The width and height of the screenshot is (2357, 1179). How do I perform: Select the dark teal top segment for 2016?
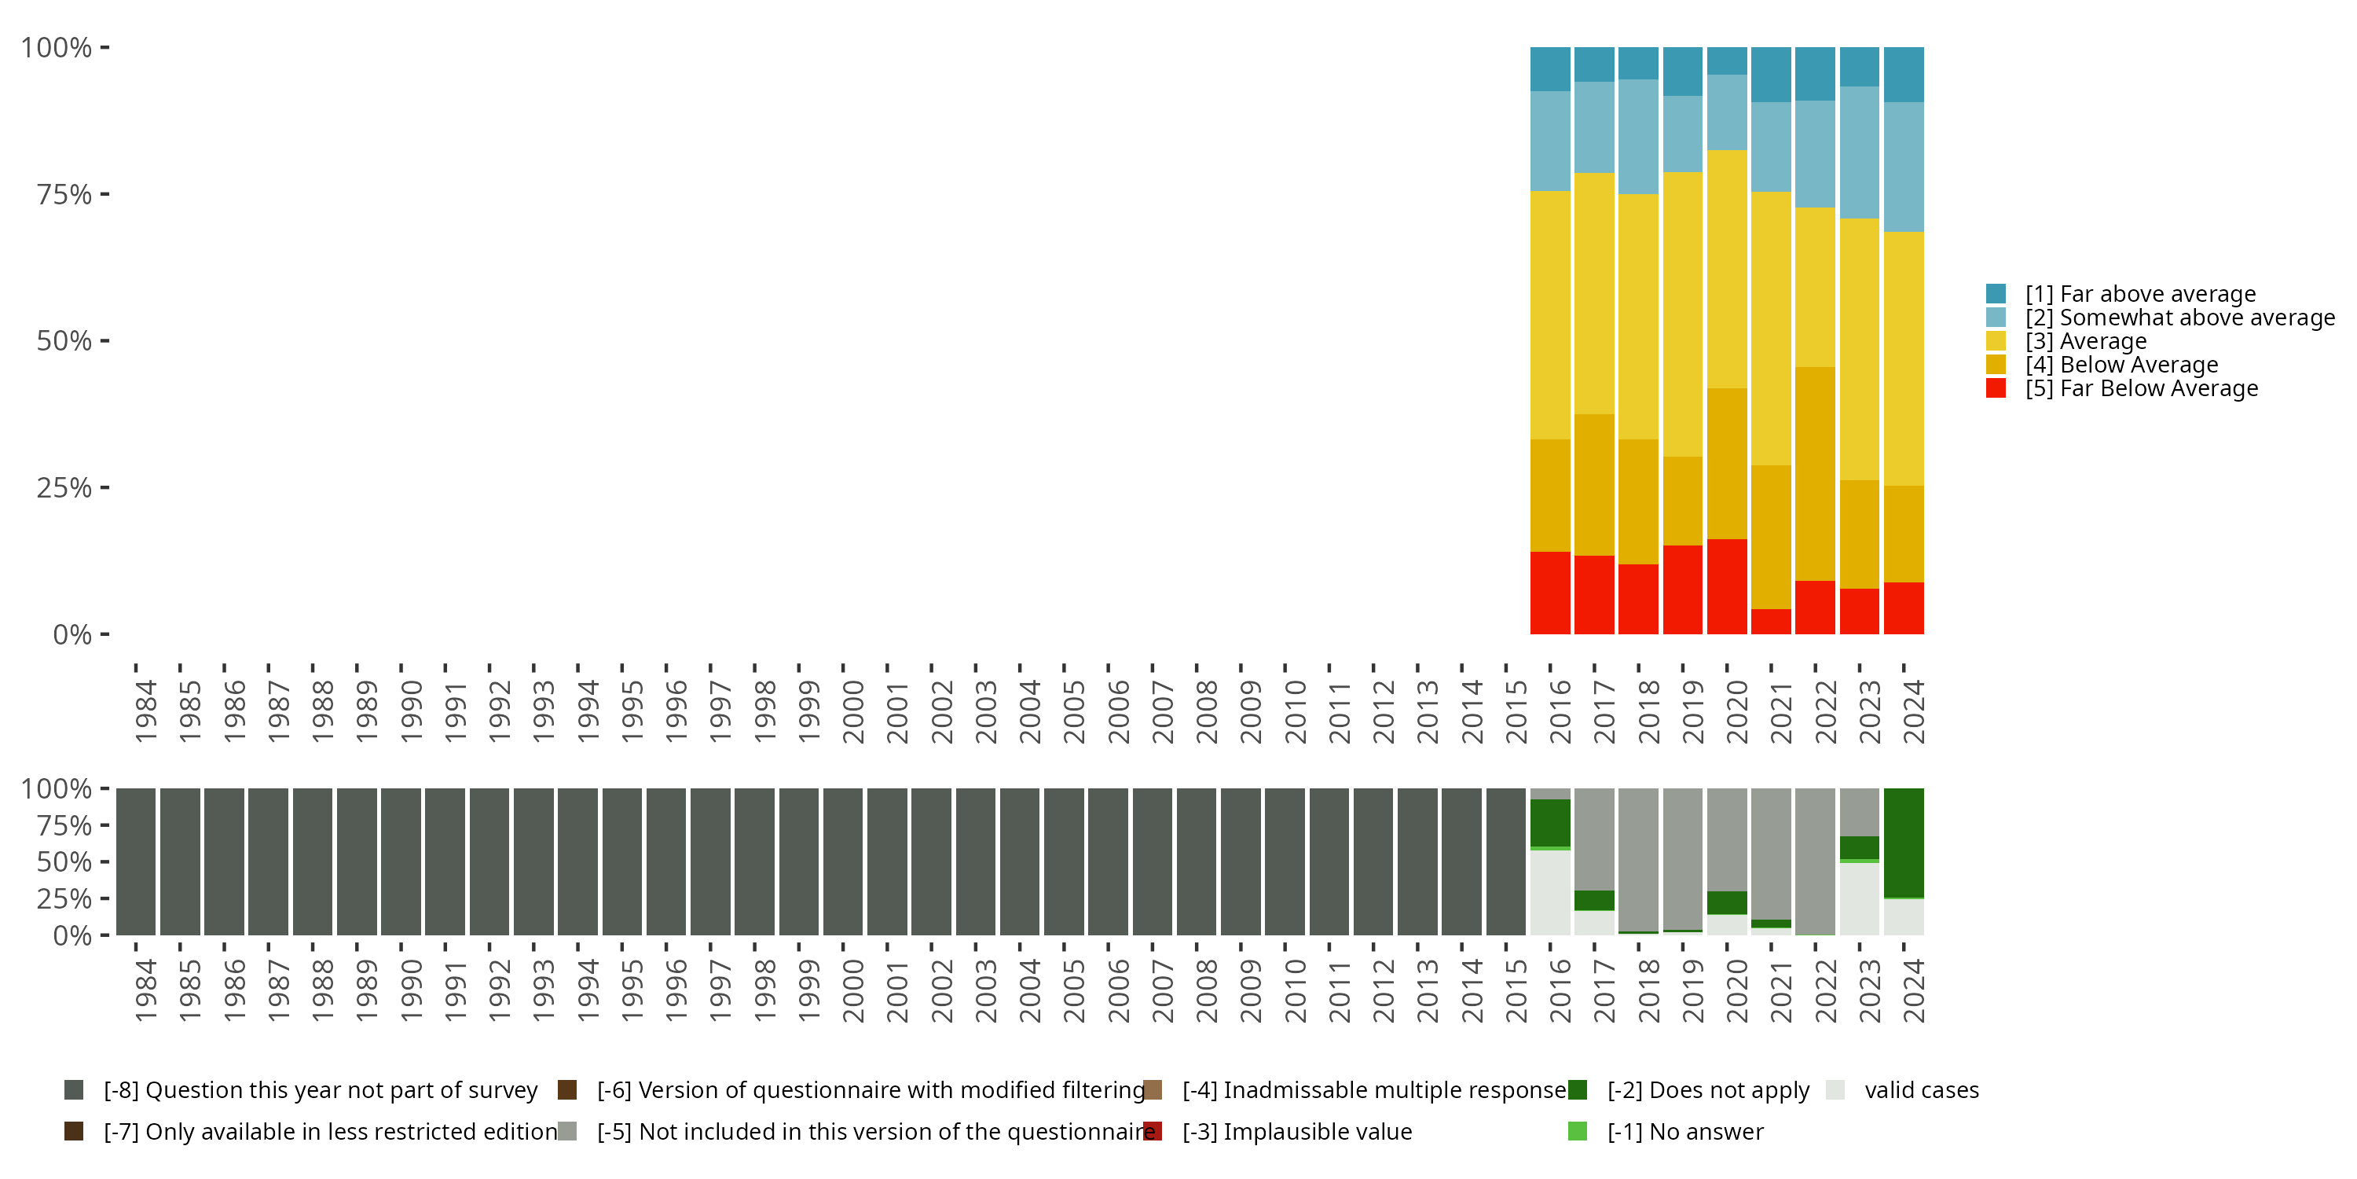tap(1550, 68)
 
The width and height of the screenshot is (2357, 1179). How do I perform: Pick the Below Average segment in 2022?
tap(1814, 473)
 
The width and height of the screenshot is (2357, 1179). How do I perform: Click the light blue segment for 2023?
tap(1859, 152)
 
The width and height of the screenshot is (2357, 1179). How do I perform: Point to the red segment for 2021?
tap(1770, 621)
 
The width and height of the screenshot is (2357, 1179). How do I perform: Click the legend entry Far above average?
tap(2139, 294)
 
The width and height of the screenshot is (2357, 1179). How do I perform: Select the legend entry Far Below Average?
tap(2141, 389)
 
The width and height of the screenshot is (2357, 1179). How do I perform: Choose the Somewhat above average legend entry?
tap(2179, 318)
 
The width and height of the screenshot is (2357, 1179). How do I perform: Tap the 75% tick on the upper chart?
tap(64, 194)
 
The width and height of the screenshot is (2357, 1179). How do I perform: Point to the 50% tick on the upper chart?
tap(64, 340)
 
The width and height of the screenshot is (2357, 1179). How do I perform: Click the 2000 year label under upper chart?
tap(852, 711)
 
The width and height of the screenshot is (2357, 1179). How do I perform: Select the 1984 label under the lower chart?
tap(145, 991)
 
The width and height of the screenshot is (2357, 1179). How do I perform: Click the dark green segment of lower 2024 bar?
tap(1903, 842)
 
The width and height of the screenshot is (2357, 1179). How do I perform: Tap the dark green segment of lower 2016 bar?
tap(1550, 822)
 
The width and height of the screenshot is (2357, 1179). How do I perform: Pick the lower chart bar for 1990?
tap(401, 861)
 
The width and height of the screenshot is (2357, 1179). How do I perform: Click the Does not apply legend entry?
tap(1707, 1090)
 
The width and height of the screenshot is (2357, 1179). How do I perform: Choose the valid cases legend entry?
tap(1920, 1090)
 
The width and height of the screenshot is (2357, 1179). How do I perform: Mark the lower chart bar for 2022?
tap(1814, 861)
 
